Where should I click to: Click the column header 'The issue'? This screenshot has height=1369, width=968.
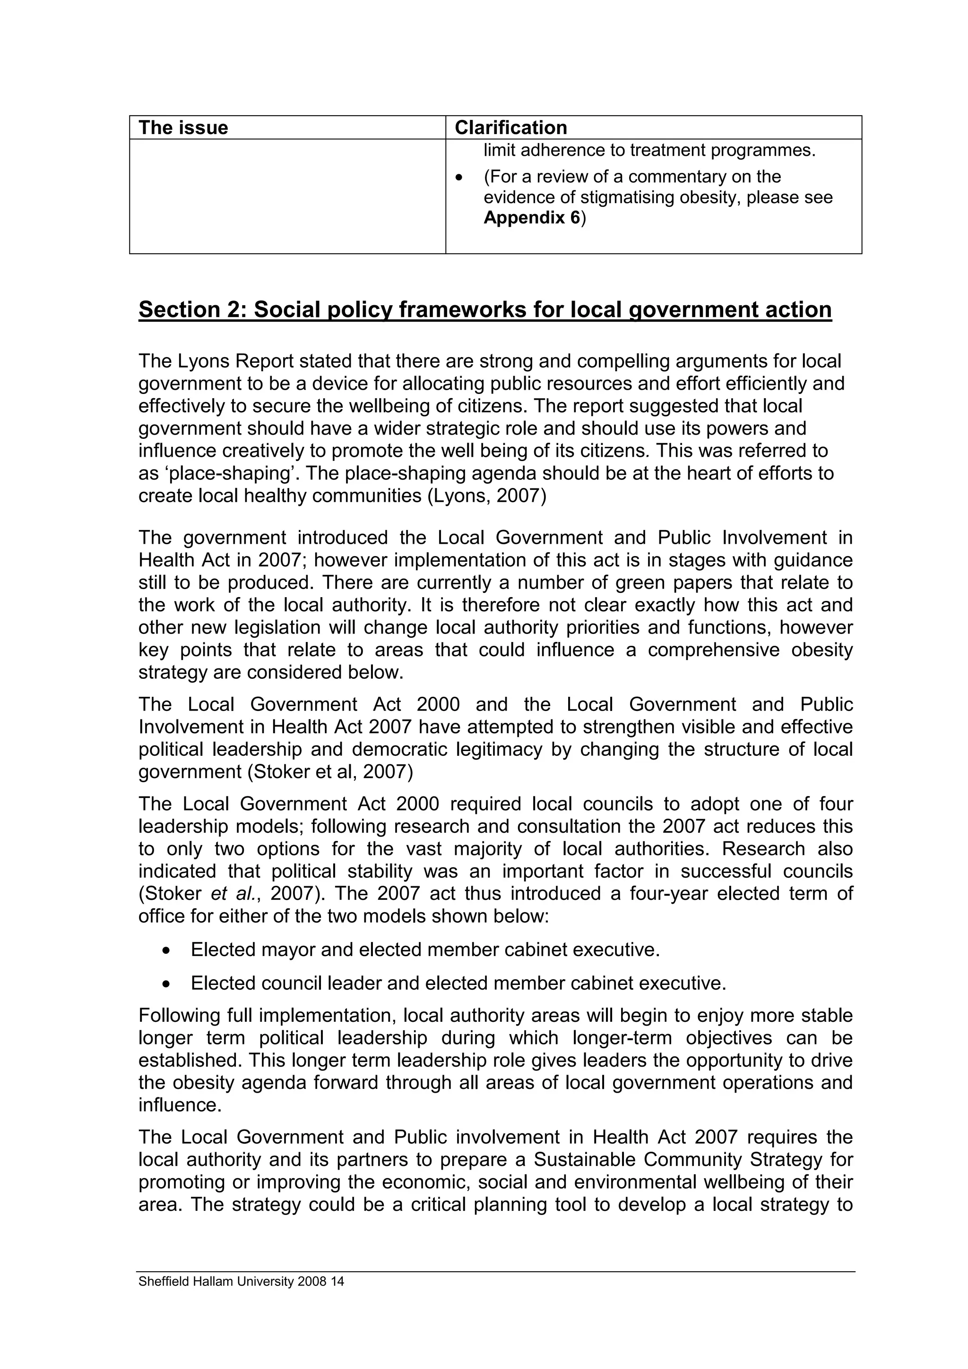click(x=183, y=128)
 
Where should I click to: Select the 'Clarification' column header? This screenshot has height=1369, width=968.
click(x=510, y=128)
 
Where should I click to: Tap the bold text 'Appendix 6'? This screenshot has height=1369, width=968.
click(x=531, y=218)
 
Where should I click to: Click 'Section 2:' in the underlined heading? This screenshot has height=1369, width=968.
click(x=193, y=310)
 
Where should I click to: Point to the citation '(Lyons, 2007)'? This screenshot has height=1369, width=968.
click(x=487, y=496)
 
